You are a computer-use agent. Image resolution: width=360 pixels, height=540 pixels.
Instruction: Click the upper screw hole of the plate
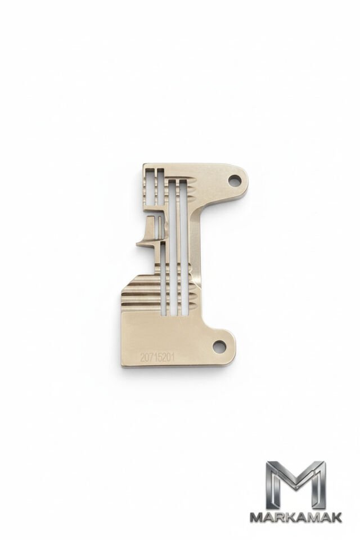pos(235,179)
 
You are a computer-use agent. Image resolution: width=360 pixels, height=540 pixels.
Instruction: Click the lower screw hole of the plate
pos(219,345)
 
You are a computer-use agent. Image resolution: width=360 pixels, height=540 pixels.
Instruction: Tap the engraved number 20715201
pos(157,357)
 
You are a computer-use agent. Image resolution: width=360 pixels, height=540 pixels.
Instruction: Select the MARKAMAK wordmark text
pos(295,517)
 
